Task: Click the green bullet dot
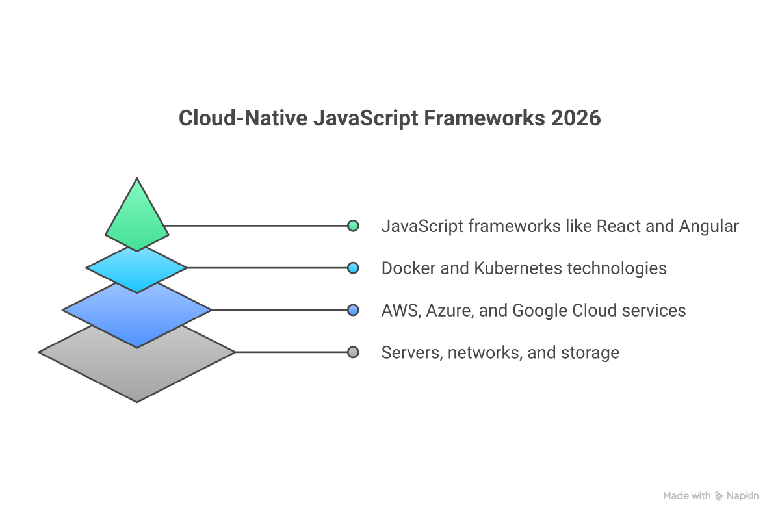(x=353, y=226)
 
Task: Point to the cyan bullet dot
(x=353, y=268)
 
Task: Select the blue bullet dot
(x=353, y=310)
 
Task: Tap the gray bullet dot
(x=353, y=352)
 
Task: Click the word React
(x=618, y=226)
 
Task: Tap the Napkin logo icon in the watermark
(x=719, y=496)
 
